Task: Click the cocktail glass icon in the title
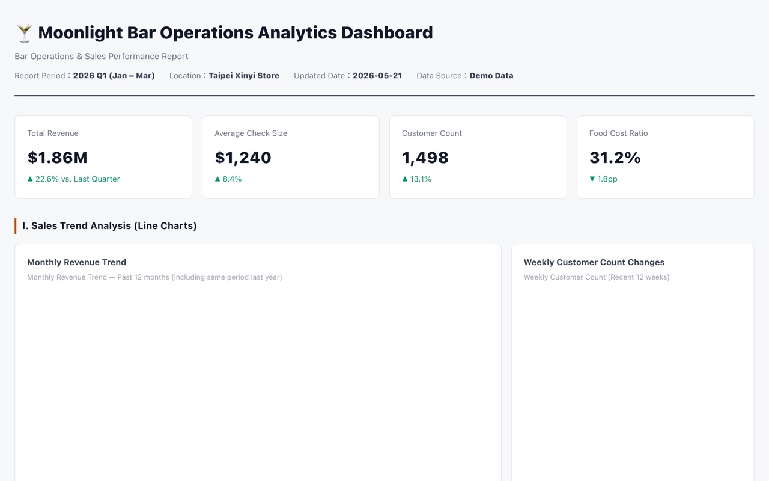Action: (x=25, y=33)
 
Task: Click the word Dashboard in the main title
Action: (x=387, y=33)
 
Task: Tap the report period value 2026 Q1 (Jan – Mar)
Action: (x=114, y=76)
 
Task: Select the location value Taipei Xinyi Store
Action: (x=244, y=76)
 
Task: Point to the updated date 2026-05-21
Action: (x=377, y=76)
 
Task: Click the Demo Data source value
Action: (x=491, y=76)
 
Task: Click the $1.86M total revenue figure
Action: (x=57, y=158)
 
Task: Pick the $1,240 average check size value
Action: (x=243, y=158)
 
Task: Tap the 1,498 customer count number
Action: (x=425, y=158)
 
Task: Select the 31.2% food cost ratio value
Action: (x=615, y=158)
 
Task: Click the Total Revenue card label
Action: (x=53, y=133)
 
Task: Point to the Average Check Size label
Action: (x=251, y=133)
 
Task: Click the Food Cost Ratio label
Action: (x=618, y=133)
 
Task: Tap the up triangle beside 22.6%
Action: (x=30, y=179)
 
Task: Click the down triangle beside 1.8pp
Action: (x=592, y=179)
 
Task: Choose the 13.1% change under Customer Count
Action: (x=420, y=179)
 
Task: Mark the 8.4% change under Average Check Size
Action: (x=232, y=179)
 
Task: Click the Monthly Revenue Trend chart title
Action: (x=76, y=262)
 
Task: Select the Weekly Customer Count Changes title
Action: (x=594, y=262)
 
